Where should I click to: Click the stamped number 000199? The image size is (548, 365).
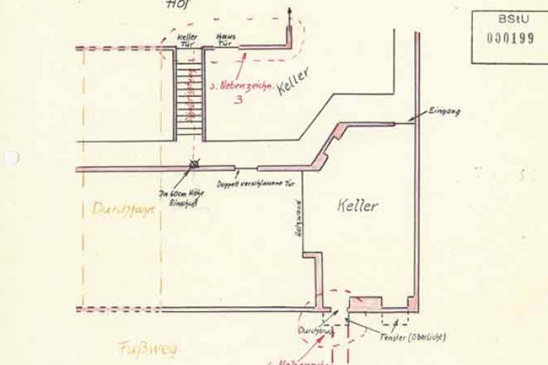[x=511, y=38]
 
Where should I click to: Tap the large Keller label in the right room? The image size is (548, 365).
[x=358, y=207]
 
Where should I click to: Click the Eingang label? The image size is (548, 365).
[x=444, y=112]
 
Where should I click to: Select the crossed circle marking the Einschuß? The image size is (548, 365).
[x=195, y=165]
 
